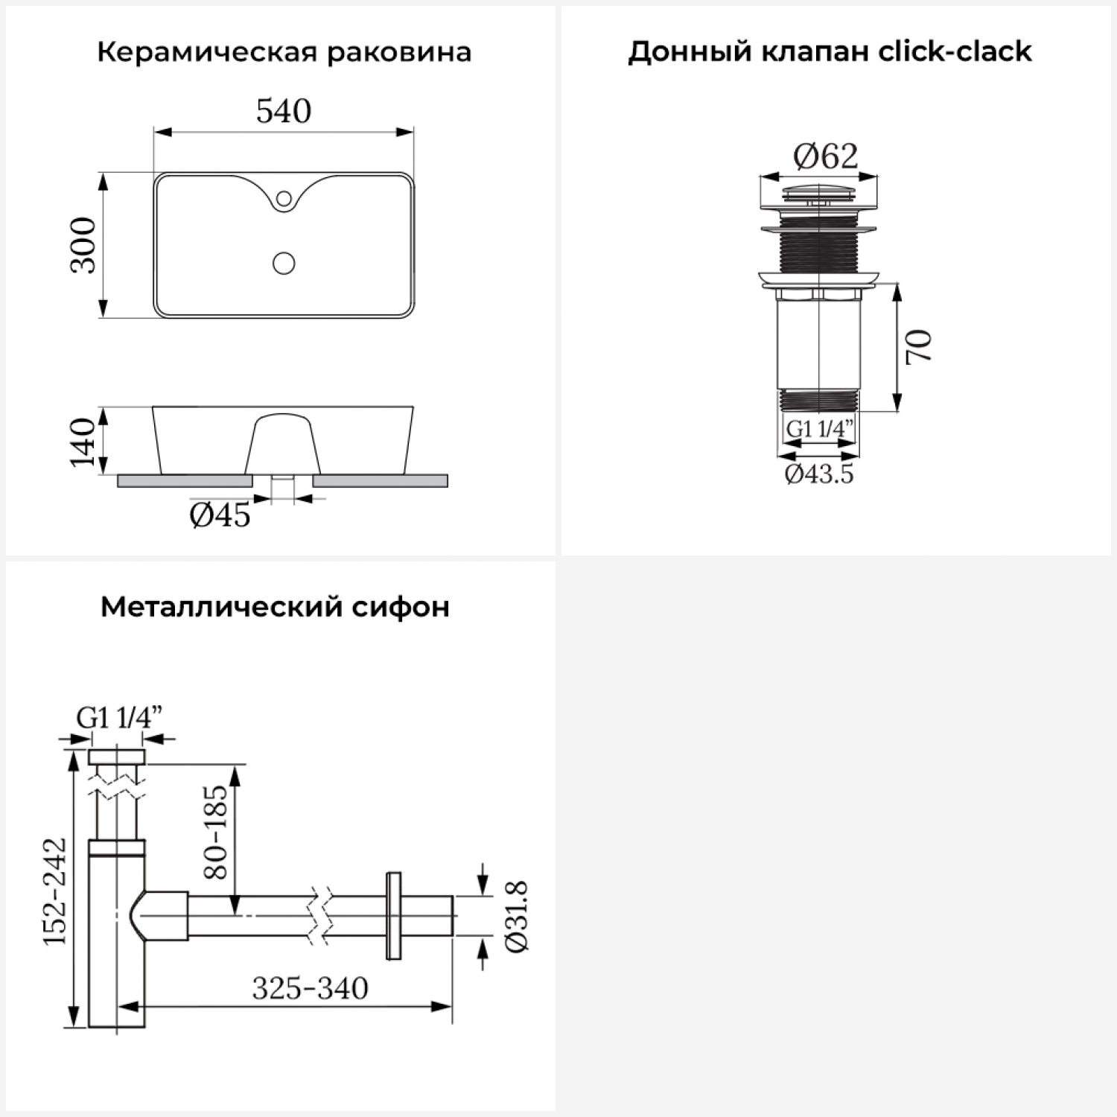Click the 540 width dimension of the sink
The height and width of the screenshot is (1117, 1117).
tap(284, 112)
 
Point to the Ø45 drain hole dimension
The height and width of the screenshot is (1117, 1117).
tap(220, 515)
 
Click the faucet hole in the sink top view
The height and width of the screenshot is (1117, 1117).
tap(284, 198)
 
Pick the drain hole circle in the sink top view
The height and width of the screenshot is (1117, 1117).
tap(284, 263)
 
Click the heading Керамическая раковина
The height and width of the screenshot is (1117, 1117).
tap(284, 52)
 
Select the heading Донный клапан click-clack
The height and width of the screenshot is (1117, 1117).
tap(830, 51)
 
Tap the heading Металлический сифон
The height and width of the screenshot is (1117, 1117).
tap(275, 607)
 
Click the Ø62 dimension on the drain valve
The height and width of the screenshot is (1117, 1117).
tap(825, 156)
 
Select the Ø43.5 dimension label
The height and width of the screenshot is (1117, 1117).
tap(819, 474)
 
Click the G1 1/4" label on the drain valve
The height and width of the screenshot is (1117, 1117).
tap(819, 430)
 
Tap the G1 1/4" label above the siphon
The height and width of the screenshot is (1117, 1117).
tap(119, 718)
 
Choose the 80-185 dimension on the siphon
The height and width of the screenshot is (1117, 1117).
tap(215, 832)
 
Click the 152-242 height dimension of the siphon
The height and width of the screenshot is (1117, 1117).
tap(54, 891)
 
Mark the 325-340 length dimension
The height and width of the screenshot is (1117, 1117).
tap(310, 989)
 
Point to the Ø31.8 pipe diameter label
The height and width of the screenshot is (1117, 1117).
tap(516, 916)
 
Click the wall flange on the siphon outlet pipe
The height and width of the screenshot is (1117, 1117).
tap(393, 915)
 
